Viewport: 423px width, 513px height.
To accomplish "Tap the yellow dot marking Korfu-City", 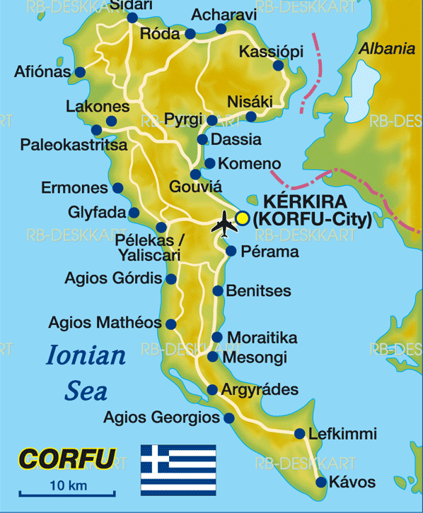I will coord(243,218).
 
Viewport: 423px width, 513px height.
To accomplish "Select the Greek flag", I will coord(178,469).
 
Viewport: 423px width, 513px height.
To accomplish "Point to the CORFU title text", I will coord(66,459).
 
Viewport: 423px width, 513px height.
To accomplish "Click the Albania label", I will coord(386,49).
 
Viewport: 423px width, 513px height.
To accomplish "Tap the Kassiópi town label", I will coord(271,52).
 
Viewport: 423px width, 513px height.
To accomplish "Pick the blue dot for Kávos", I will coord(321,483).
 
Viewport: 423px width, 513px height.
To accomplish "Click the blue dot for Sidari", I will coord(132,18).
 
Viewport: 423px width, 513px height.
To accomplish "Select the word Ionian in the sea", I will coord(86,355).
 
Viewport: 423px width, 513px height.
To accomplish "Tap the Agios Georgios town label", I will coord(161,418).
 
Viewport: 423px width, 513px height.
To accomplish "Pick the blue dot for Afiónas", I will coord(80,72).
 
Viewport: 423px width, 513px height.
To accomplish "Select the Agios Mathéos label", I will coord(105,323).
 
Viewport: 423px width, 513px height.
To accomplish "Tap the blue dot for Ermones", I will coord(117,189).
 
